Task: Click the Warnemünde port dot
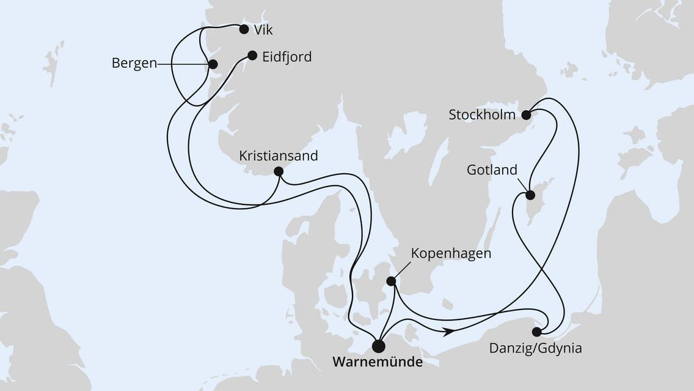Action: (x=379, y=346)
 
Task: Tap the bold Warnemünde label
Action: (x=377, y=363)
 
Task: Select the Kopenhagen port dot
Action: (x=391, y=281)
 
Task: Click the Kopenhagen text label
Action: (x=451, y=254)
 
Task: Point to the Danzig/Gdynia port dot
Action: (x=536, y=332)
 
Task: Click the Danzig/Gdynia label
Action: (x=535, y=349)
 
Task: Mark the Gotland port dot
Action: (x=530, y=196)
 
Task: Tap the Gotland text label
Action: (x=492, y=170)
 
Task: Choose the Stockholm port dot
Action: (x=527, y=114)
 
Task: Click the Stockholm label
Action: (x=482, y=115)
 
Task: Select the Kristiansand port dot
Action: (x=279, y=171)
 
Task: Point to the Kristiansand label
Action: (x=279, y=156)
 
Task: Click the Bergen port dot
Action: (x=213, y=64)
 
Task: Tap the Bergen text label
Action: (x=134, y=64)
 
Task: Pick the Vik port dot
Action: (x=244, y=29)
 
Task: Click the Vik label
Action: (x=263, y=29)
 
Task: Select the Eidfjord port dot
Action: (x=252, y=55)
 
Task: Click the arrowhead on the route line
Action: (x=449, y=331)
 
